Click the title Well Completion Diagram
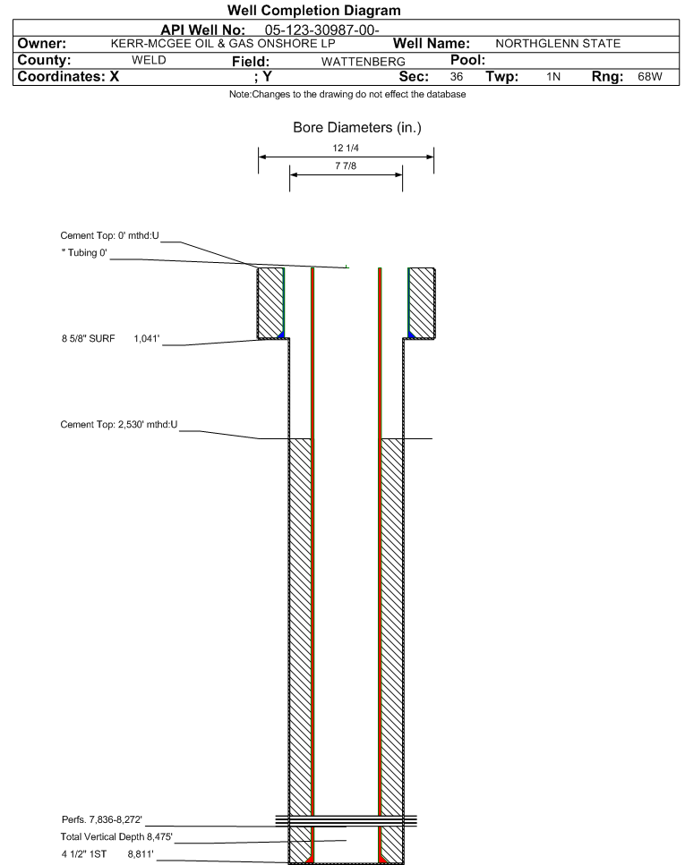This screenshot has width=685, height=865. point(313,11)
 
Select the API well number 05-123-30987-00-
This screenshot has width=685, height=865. point(321,30)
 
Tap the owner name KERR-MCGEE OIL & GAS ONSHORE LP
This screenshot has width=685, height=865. point(223,44)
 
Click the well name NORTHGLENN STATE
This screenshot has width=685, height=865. point(558,44)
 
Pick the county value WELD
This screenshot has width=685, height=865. point(149,60)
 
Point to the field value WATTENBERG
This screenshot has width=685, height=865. point(363,62)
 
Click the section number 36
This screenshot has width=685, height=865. point(457,77)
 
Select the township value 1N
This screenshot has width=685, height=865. point(553,77)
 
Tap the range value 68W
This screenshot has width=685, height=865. point(650,77)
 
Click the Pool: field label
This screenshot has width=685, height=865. point(468,60)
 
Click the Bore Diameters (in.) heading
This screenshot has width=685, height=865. point(357,128)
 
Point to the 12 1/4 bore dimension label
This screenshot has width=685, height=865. point(346,148)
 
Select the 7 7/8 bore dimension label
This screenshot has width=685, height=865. point(346,165)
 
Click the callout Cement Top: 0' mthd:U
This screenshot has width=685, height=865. point(109,235)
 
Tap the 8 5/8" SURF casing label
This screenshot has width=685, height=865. point(89,339)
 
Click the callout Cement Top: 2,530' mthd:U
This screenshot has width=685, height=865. point(119,425)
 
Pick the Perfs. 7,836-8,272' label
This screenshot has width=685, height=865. point(102,819)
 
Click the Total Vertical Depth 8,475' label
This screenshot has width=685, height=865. point(116,837)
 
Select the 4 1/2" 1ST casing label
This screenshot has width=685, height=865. point(84,854)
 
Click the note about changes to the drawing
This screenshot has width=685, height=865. point(347,94)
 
